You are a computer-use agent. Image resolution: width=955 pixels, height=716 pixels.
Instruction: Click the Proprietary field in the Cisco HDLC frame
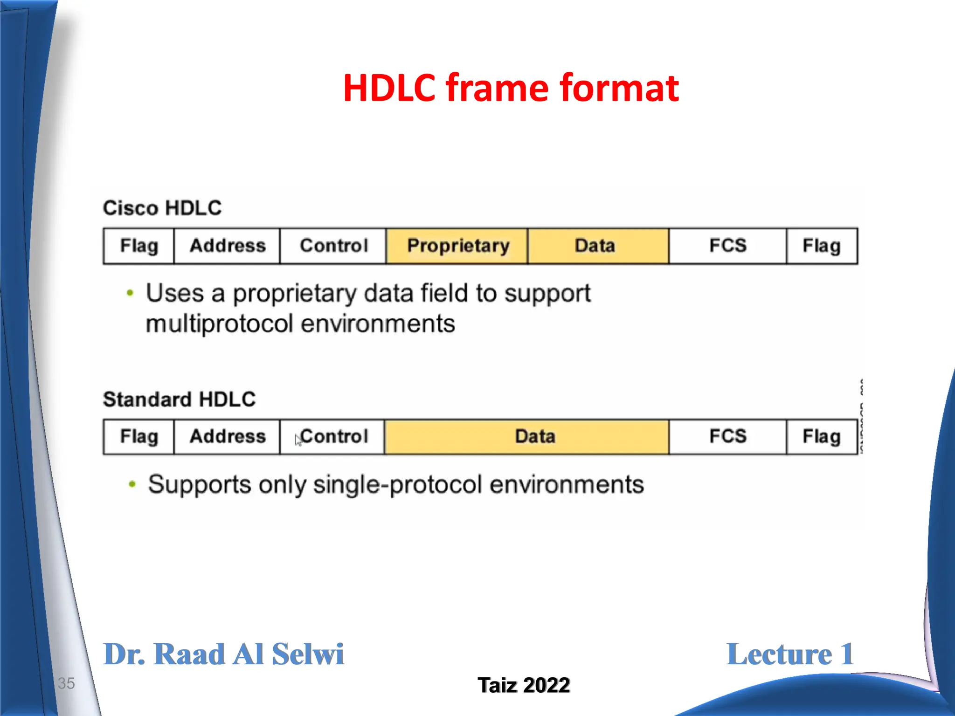pos(457,246)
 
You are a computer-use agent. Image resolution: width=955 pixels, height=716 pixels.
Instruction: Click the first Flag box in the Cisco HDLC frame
pos(138,246)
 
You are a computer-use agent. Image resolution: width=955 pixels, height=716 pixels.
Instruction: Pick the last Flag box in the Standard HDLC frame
pos(821,437)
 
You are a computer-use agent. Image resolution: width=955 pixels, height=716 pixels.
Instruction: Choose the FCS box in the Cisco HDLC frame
pos(727,246)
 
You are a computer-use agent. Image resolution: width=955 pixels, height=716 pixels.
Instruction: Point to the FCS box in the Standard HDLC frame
pos(727,437)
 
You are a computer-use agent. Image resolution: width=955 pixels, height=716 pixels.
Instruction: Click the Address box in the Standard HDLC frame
pos(227,437)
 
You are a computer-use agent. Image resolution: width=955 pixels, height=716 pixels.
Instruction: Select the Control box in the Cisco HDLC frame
pos(333,246)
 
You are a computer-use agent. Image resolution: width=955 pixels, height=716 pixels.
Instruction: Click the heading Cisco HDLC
pos(162,208)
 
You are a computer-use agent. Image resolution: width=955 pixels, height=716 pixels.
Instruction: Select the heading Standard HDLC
pos(179,399)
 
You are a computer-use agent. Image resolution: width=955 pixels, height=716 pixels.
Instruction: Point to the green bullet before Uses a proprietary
pos(130,293)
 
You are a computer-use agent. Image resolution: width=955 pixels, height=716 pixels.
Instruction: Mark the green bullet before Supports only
pos(132,484)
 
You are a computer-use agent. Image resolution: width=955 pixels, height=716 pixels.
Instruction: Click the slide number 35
pos(66,683)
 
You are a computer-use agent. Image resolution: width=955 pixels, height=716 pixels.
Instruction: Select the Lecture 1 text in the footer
pos(790,654)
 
